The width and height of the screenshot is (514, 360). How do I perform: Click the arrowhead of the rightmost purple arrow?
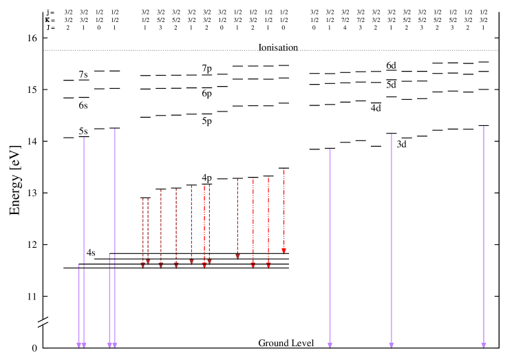(x=484, y=346)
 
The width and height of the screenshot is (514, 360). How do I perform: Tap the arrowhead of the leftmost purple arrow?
(x=79, y=346)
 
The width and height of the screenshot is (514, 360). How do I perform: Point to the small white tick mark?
(x=43, y=322)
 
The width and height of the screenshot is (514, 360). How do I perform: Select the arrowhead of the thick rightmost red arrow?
(x=283, y=251)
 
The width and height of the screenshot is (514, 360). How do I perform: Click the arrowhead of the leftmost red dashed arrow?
(x=143, y=265)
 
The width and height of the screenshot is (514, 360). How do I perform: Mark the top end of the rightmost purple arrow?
(x=484, y=127)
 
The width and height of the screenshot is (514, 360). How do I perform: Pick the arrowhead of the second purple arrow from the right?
(x=392, y=346)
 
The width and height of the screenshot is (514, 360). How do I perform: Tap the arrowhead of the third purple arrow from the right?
(x=330, y=346)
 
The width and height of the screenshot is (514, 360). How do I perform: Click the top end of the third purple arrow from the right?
(x=330, y=149)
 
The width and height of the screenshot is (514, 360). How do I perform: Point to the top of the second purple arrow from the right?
(x=392, y=134)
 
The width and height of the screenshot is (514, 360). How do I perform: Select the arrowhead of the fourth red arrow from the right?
(x=237, y=257)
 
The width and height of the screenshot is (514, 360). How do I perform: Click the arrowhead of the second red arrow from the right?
(x=268, y=265)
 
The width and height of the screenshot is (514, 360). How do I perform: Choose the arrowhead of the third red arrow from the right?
(x=253, y=265)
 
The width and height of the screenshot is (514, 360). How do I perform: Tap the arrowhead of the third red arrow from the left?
(x=161, y=265)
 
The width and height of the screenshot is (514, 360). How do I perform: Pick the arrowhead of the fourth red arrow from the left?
(x=176, y=265)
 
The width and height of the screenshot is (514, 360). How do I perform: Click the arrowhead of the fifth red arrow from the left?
(x=192, y=262)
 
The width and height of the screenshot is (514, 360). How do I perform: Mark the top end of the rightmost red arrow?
(x=283, y=169)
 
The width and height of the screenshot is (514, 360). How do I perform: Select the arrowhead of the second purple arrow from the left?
(x=84, y=346)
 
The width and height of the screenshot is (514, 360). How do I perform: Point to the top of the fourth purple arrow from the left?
(x=115, y=129)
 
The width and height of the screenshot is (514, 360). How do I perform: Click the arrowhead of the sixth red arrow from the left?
(x=204, y=265)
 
